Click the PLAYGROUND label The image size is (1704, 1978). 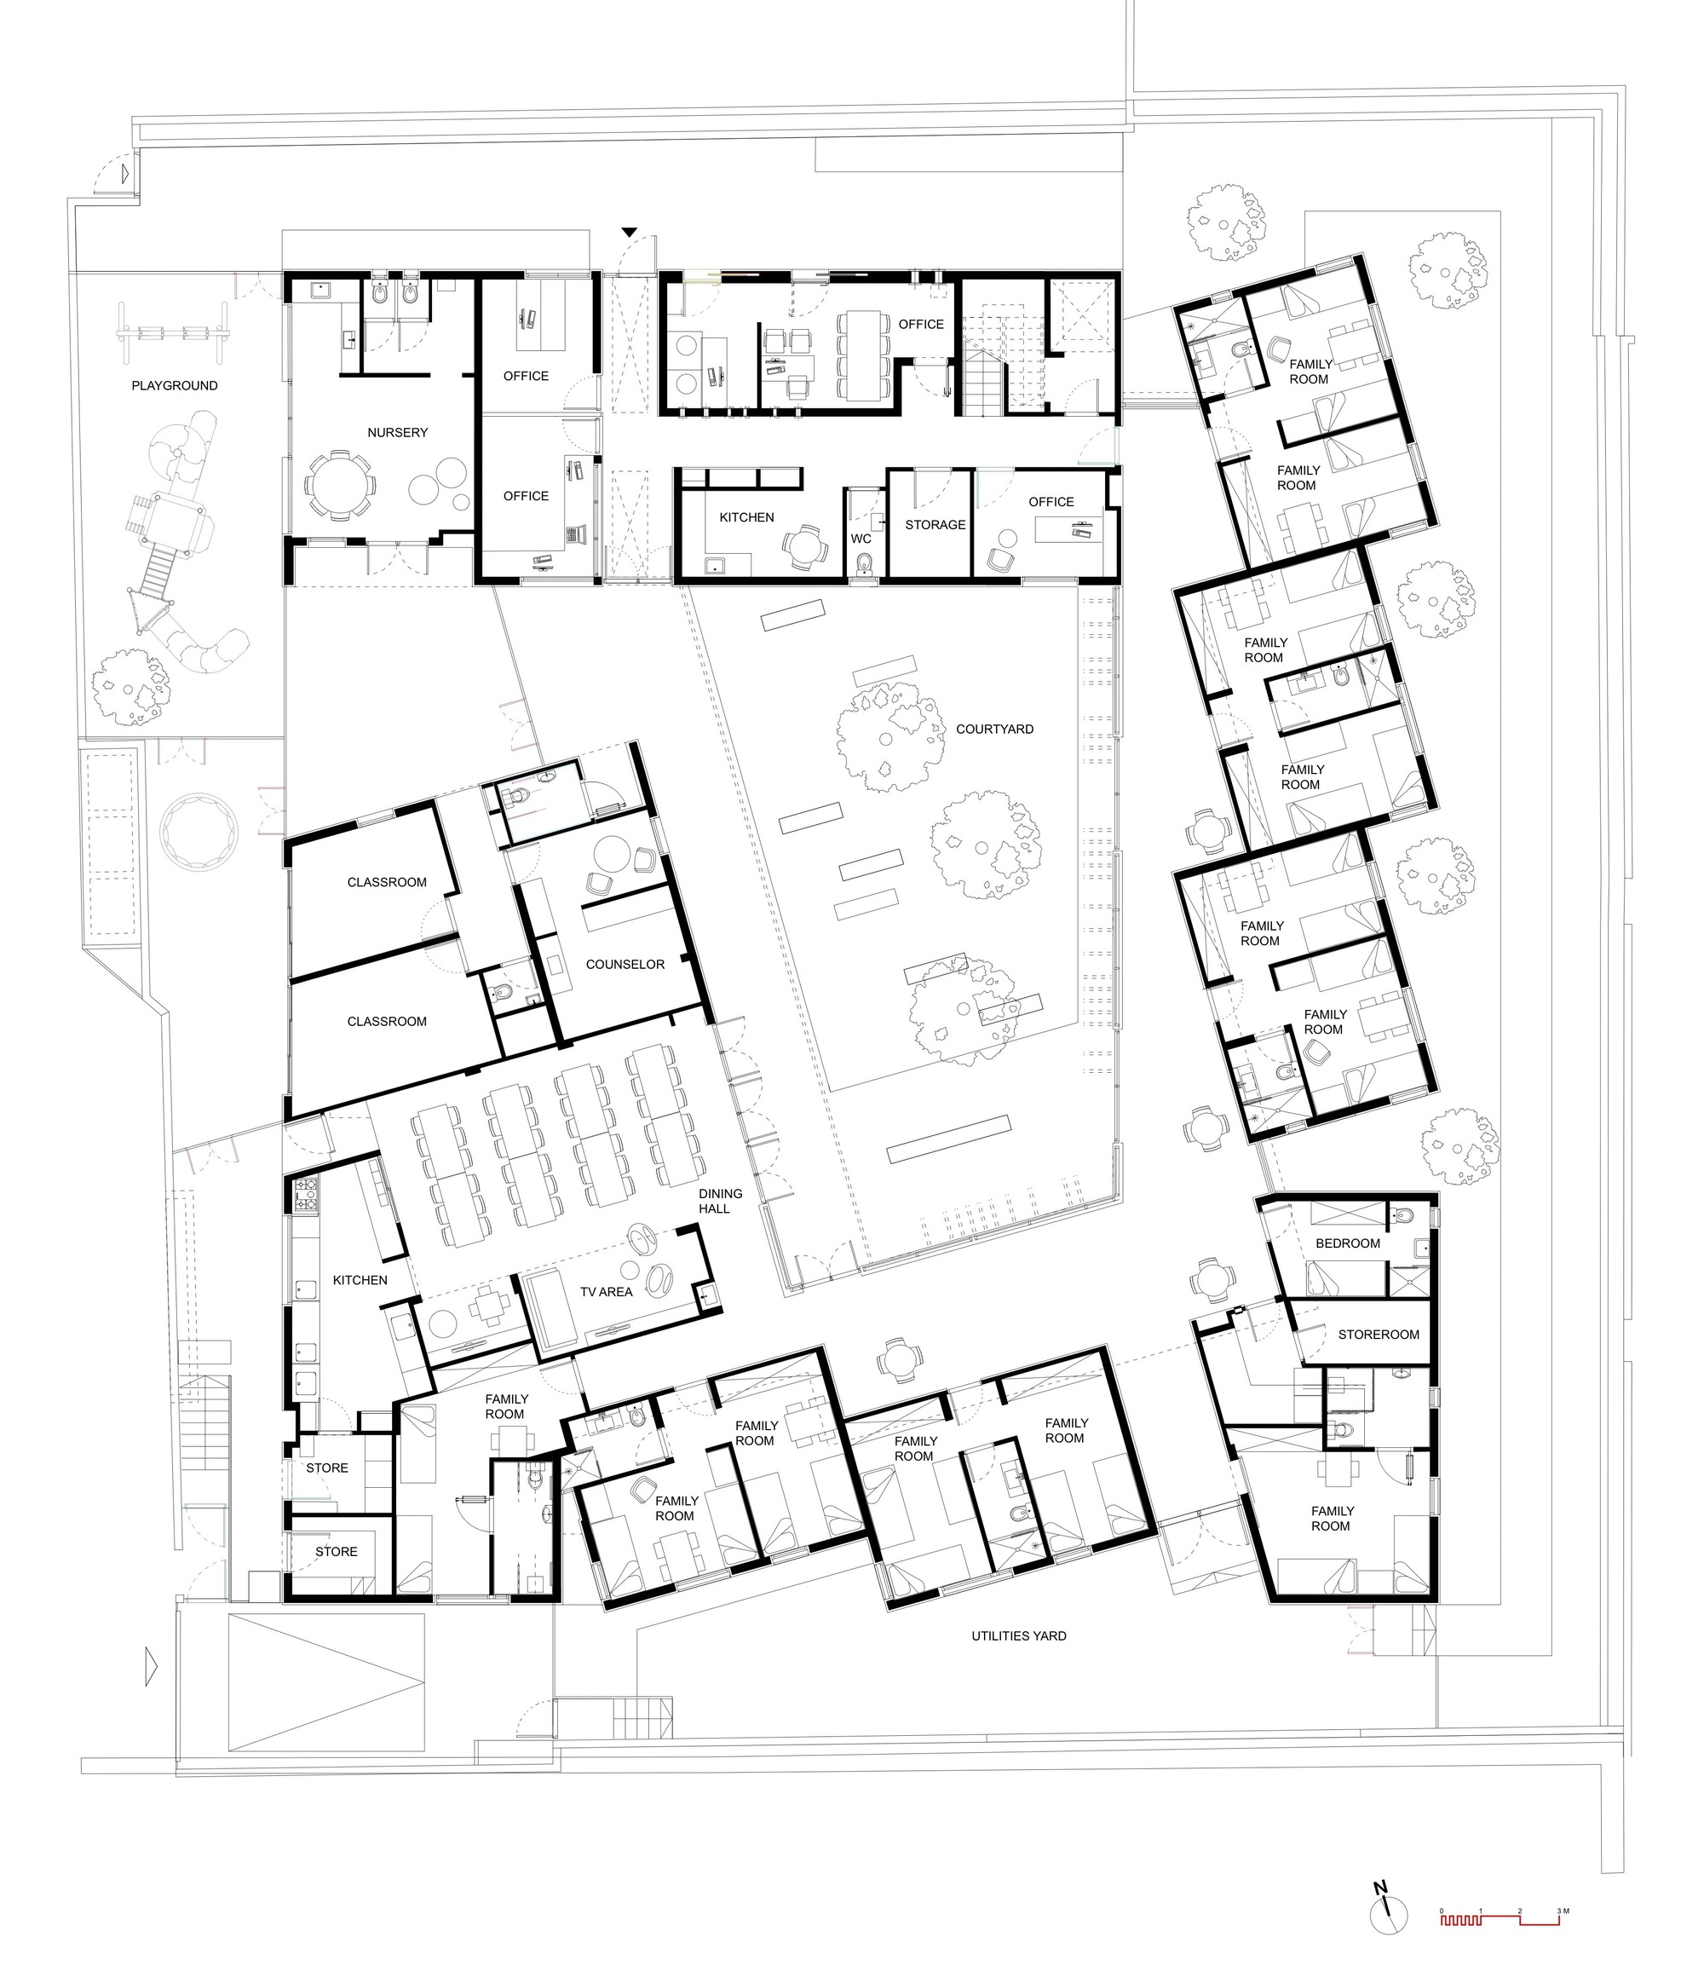[x=175, y=386]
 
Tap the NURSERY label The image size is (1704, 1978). [x=398, y=432]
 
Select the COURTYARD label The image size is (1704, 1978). [x=995, y=729]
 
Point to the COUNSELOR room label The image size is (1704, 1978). [x=625, y=964]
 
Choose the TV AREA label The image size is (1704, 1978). [x=606, y=1292]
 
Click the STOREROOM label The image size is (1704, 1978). [x=1379, y=1335]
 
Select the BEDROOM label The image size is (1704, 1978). [x=1348, y=1243]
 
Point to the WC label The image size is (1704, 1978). [x=861, y=539]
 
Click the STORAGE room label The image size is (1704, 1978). [x=935, y=524]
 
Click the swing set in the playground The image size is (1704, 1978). [x=173, y=333]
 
